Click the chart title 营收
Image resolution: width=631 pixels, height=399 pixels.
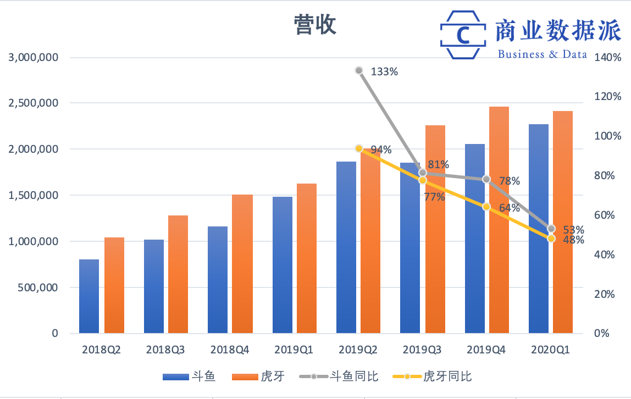[x=315, y=25]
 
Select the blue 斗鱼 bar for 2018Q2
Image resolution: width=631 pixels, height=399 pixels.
[x=89, y=296]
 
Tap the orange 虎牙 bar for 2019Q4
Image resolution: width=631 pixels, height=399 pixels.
[x=499, y=220]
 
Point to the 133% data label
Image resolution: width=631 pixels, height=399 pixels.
[x=384, y=71]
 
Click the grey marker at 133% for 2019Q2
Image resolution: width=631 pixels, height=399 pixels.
[x=359, y=70]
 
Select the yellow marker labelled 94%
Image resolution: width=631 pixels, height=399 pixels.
[x=359, y=148]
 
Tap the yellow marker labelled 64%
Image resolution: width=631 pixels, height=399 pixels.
[x=486, y=207]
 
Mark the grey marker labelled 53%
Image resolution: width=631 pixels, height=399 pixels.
[x=551, y=229]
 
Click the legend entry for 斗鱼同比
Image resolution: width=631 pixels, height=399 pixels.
[x=339, y=376]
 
